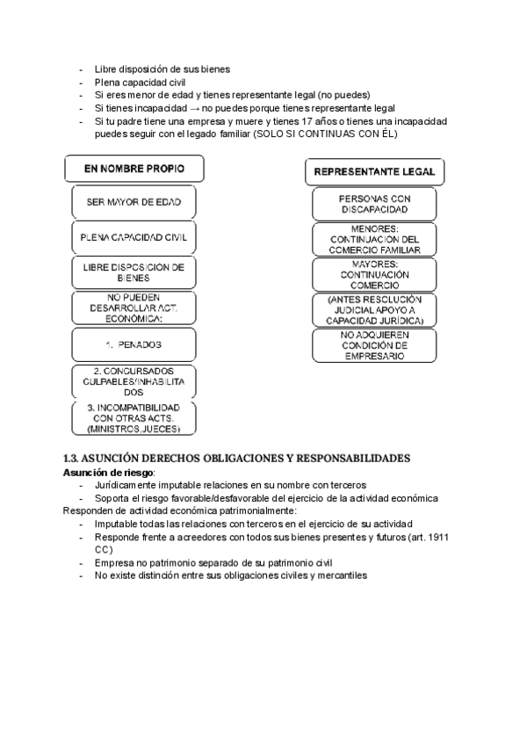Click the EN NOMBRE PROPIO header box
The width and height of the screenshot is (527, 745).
click(134, 168)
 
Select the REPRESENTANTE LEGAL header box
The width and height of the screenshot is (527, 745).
click(374, 171)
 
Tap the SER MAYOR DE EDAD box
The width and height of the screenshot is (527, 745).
click(134, 202)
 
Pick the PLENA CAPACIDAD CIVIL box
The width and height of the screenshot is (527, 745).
click(134, 237)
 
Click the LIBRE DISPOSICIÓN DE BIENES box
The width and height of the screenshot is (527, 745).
click(134, 271)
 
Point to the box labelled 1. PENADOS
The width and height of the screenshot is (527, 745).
click(134, 345)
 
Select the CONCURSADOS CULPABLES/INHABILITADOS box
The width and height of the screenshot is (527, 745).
click(134, 381)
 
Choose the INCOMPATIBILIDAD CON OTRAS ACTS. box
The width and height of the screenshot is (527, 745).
click(134, 418)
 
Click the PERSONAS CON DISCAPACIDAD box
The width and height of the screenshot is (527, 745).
click(374, 205)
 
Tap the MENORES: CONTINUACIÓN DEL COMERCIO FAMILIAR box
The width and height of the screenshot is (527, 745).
click(374, 238)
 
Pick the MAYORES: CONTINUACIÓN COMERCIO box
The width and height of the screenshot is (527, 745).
click(374, 273)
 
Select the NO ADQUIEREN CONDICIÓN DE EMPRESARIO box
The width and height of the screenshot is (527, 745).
click(374, 345)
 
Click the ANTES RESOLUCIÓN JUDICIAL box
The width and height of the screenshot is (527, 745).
click(374, 310)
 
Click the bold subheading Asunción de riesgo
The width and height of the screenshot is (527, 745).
click(101, 472)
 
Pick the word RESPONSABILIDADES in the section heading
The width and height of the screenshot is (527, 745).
click(345, 459)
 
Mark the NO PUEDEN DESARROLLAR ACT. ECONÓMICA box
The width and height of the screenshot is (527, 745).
click(134, 308)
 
